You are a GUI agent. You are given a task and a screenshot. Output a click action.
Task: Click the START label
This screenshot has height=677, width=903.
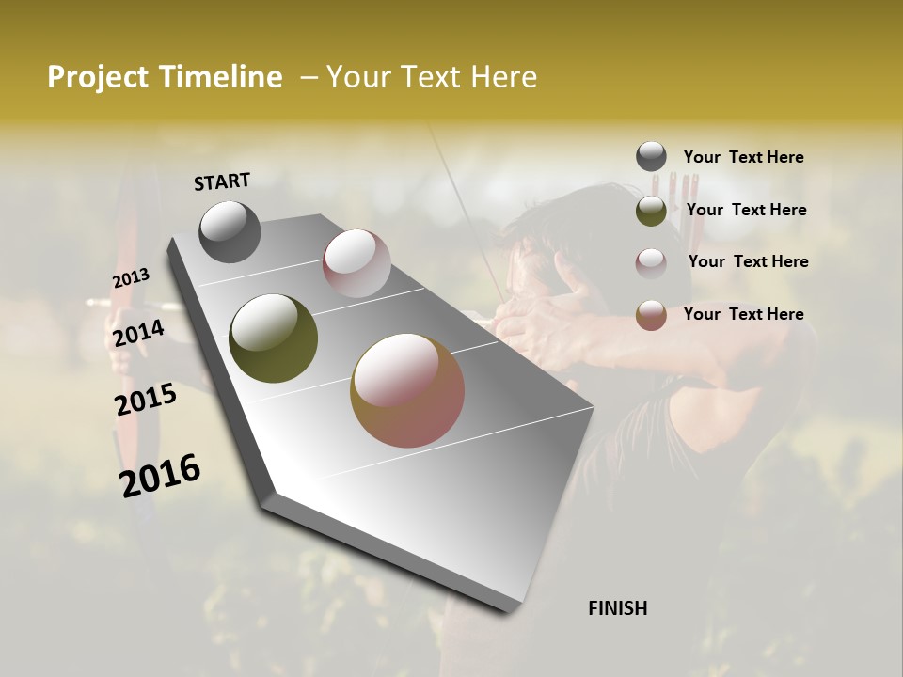coord(222,181)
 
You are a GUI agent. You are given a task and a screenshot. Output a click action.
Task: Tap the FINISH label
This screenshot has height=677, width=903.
coord(617,608)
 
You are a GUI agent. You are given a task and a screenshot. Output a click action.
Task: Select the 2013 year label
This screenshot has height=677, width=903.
coord(131,278)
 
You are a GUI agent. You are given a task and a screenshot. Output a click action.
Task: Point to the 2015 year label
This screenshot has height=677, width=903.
coord(146,400)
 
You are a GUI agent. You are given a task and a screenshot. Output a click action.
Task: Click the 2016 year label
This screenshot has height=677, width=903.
coord(160,475)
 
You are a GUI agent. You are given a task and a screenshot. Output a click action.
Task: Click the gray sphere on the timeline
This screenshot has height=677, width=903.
coord(230,231)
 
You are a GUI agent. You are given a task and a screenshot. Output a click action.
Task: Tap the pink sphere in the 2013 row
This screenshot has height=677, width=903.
coord(356,263)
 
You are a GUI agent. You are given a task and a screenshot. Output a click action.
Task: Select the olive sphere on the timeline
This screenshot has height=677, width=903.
coord(273,338)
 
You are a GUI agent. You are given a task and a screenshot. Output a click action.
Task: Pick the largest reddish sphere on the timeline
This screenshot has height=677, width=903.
coord(407,390)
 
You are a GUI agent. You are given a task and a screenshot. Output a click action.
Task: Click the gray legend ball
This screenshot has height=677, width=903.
coord(651,156)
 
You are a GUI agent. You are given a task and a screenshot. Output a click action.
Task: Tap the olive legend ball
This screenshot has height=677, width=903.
coord(651,211)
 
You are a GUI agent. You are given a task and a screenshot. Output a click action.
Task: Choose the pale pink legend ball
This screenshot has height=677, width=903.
coord(651,262)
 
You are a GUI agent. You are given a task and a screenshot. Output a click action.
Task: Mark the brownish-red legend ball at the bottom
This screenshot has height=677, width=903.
coord(651,315)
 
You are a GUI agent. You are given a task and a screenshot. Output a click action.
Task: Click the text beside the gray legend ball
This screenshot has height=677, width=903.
coord(743,158)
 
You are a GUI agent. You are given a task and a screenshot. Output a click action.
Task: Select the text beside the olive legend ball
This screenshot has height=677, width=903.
coord(746,210)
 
